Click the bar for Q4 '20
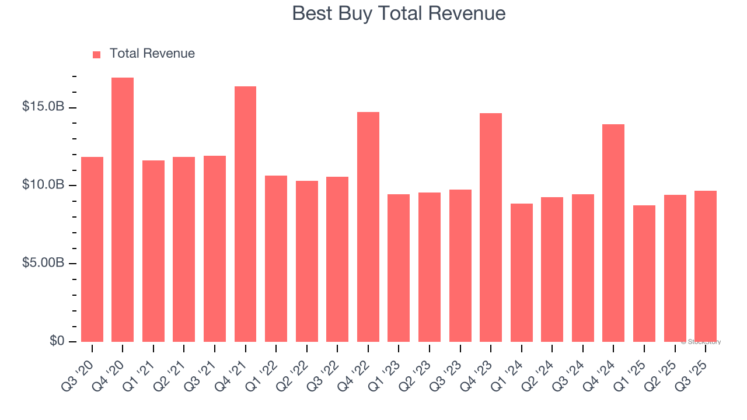pyautogui.click(x=123, y=210)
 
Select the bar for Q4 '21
pyautogui.click(x=245, y=214)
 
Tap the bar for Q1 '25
pyautogui.click(x=644, y=274)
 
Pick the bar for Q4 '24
pyautogui.click(x=613, y=233)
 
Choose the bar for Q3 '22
pyautogui.click(x=337, y=260)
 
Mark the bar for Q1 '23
pyautogui.click(x=399, y=268)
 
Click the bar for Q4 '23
pyautogui.click(x=491, y=228)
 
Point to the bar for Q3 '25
pyautogui.click(x=706, y=266)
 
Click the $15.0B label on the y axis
pyautogui.click(x=43, y=107)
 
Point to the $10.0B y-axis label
pyautogui.click(x=43, y=185)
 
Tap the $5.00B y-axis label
pyautogui.click(x=43, y=263)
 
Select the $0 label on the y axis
pyautogui.click(x=56, y=341)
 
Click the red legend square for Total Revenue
pyautogui.click(x=97, y=54)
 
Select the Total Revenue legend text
pyautogui.click(x=152, y=54)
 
